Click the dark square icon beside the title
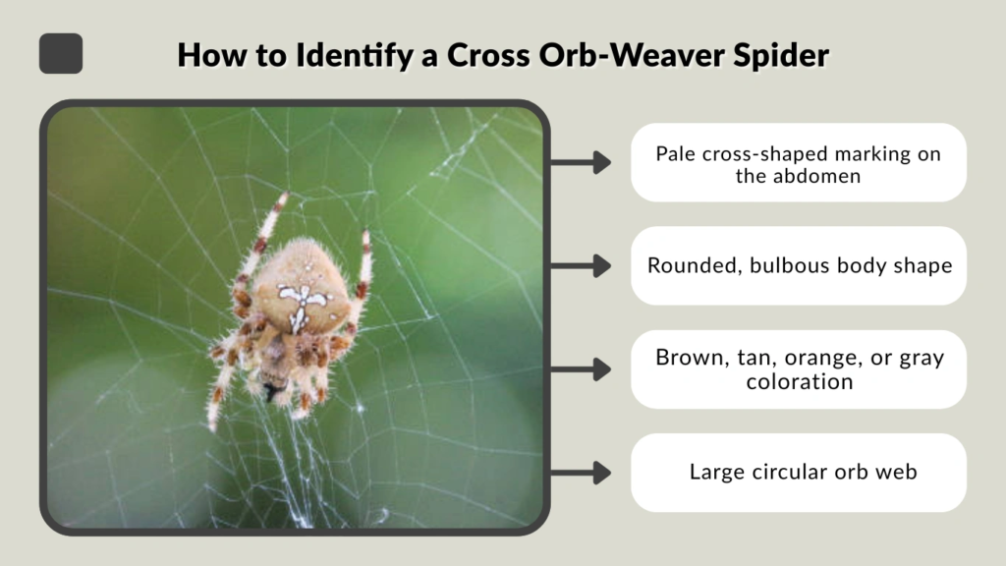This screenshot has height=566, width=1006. [61, 53]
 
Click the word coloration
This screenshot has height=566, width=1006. [799, 381]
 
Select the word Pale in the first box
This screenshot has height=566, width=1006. [675, 153]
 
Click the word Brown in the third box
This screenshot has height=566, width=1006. [689, 358]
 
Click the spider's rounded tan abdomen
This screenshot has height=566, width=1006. [300, 285]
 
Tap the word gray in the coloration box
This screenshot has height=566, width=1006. [920, 358]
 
